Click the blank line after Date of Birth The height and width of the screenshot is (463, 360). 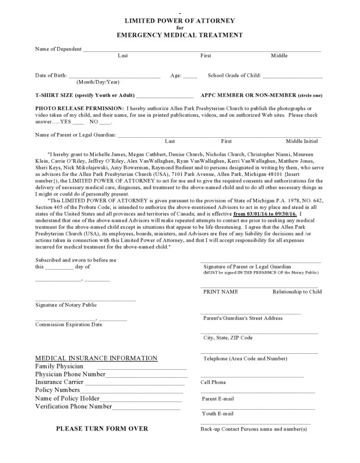click(x=114, y=76)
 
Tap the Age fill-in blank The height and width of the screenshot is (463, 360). click(x=190, y=76)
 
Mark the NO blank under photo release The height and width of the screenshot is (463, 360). click(x=105, y=122)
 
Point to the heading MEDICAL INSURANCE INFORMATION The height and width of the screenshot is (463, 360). click(x=96, y=358)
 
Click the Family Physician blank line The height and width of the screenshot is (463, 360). click(x=142, y=368)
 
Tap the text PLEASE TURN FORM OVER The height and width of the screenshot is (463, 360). click(x=102, y=429)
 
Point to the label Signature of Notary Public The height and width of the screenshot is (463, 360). click(x=66, y=305)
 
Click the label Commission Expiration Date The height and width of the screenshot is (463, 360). click(x=68, y=324)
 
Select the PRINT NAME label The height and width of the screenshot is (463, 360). click(x=220, y=292)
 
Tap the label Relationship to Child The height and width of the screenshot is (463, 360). click(x=297, y=292)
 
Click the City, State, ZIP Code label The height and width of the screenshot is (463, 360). click(x=228, y=338)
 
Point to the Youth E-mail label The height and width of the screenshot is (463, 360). click(x=217, y=414)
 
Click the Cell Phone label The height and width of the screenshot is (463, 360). click(x=213, y=382)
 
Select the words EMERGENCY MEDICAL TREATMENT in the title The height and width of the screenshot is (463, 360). click(x=180, y=35)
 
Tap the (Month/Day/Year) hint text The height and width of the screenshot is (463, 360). click(x=98, y=82)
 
